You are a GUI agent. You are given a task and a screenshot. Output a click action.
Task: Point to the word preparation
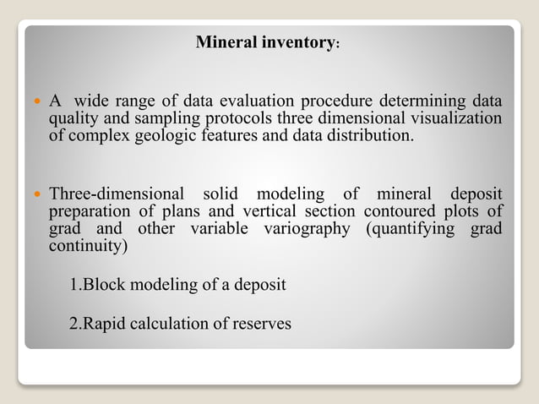(89, 210)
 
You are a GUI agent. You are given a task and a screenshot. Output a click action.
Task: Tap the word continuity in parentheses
(87, 248)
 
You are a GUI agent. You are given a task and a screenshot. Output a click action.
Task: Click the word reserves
(261, 322)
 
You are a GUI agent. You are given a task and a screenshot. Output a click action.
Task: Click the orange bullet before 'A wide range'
(36, 101)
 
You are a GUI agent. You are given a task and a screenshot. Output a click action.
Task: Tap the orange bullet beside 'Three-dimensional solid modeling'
(36, 193)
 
